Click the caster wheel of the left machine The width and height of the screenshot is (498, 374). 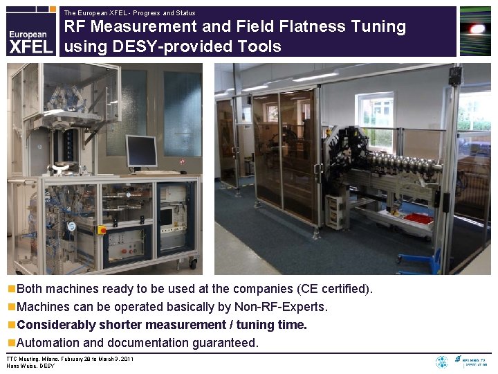click(193, 263)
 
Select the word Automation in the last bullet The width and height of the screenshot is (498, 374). click(46, 343)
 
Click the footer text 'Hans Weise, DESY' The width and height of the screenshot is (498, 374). click(30, 366)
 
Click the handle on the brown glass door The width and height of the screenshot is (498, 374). click(316, 168)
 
